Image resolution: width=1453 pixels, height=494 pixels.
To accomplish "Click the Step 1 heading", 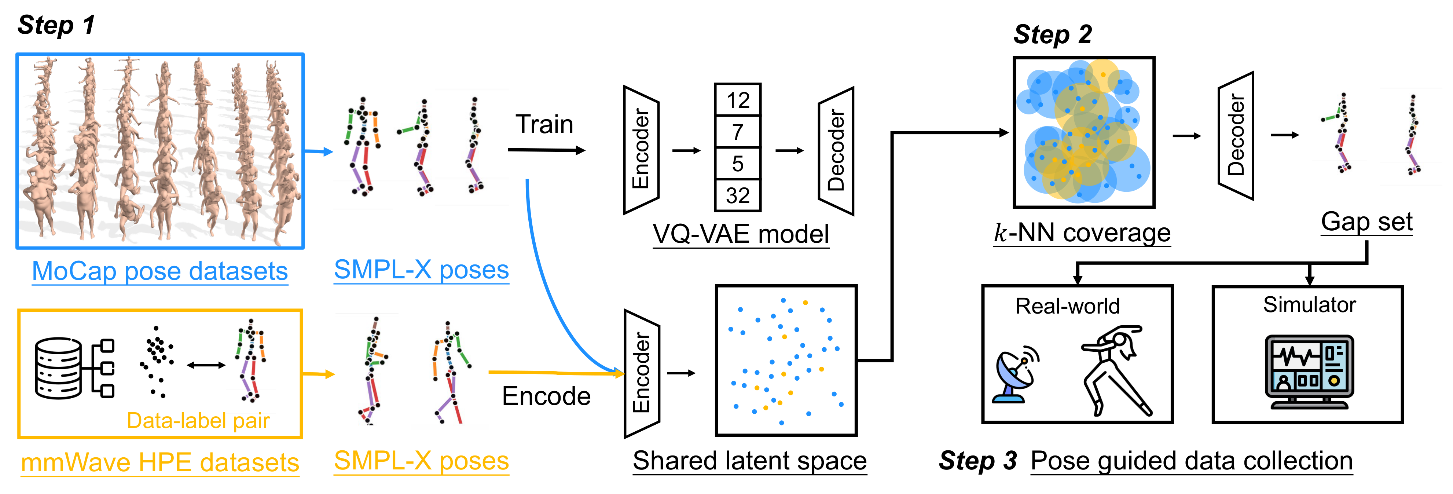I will pyautogui.click(x=56, y=25).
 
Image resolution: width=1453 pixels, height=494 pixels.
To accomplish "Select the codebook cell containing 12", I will pyautogui.click(x=737, y=100).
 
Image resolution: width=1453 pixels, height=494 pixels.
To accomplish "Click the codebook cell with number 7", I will pyautogui.click(x=737, y=132).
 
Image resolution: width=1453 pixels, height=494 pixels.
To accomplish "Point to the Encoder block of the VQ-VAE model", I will pyautogui.click(x=641, y=149).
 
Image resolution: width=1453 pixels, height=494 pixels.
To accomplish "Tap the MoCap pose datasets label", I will pyautogui.click(x=159, y=271).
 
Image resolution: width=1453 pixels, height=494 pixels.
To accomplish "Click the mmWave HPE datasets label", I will pyautogui.click(x=159, y=462).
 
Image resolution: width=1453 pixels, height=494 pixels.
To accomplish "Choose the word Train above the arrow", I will pyautogui.click(x=544, y=124).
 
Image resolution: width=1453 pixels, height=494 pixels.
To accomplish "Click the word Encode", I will pyautogui.click(x=546, y=396).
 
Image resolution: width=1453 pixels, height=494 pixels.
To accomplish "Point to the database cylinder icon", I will pyautogui.click(x=58, y=368).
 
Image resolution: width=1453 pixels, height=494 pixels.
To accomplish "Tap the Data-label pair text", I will pyautogui.click(x=198, y=421).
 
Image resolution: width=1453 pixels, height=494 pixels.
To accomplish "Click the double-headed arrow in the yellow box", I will pyautogui.click(x=206, y=365).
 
